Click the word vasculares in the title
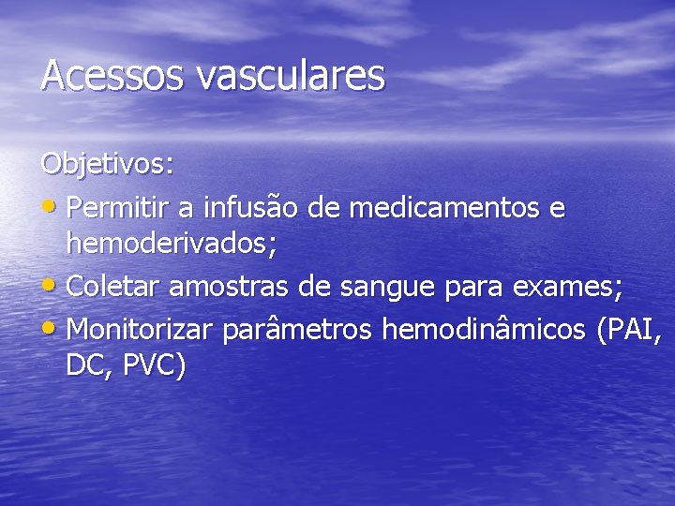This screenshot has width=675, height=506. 291,75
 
